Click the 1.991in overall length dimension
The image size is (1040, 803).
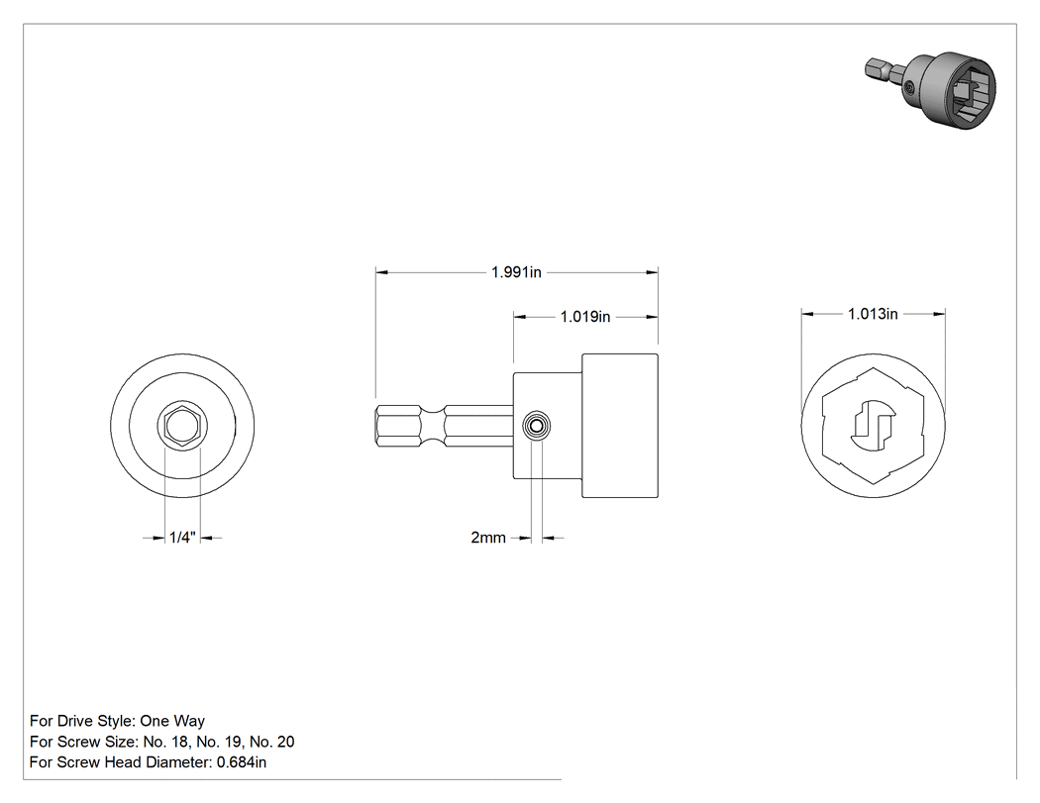coord(516,272)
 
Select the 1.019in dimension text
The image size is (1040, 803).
coord(585,317)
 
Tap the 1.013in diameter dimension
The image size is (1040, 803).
coord(873,314)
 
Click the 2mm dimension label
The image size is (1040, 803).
coord(488,537)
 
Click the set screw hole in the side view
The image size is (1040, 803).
coord(537,426)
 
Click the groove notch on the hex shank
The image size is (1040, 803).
coord(433,426)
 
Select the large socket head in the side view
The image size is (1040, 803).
coord(620,426)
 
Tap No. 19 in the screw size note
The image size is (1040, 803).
coord(219,742)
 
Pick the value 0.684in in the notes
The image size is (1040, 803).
coord(242,762)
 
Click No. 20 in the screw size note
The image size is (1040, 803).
coord(272,742)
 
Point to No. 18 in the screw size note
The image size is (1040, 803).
coord(165,742)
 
